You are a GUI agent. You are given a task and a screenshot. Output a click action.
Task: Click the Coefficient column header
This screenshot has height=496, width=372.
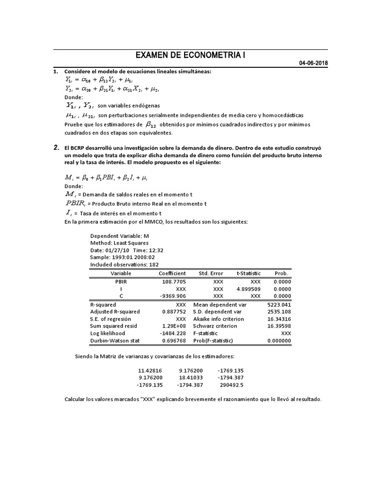click(x=172, y=273)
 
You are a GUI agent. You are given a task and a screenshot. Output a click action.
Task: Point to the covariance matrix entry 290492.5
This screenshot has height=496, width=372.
click(x=231, y=385)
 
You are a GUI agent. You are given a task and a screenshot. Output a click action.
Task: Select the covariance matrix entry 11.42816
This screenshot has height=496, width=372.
click(x=151, y=371)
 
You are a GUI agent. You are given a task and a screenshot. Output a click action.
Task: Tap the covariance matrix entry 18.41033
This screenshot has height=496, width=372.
click(x=190, y=378)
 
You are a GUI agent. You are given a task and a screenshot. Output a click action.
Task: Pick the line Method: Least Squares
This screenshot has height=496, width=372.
click(x=119, y=243)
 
